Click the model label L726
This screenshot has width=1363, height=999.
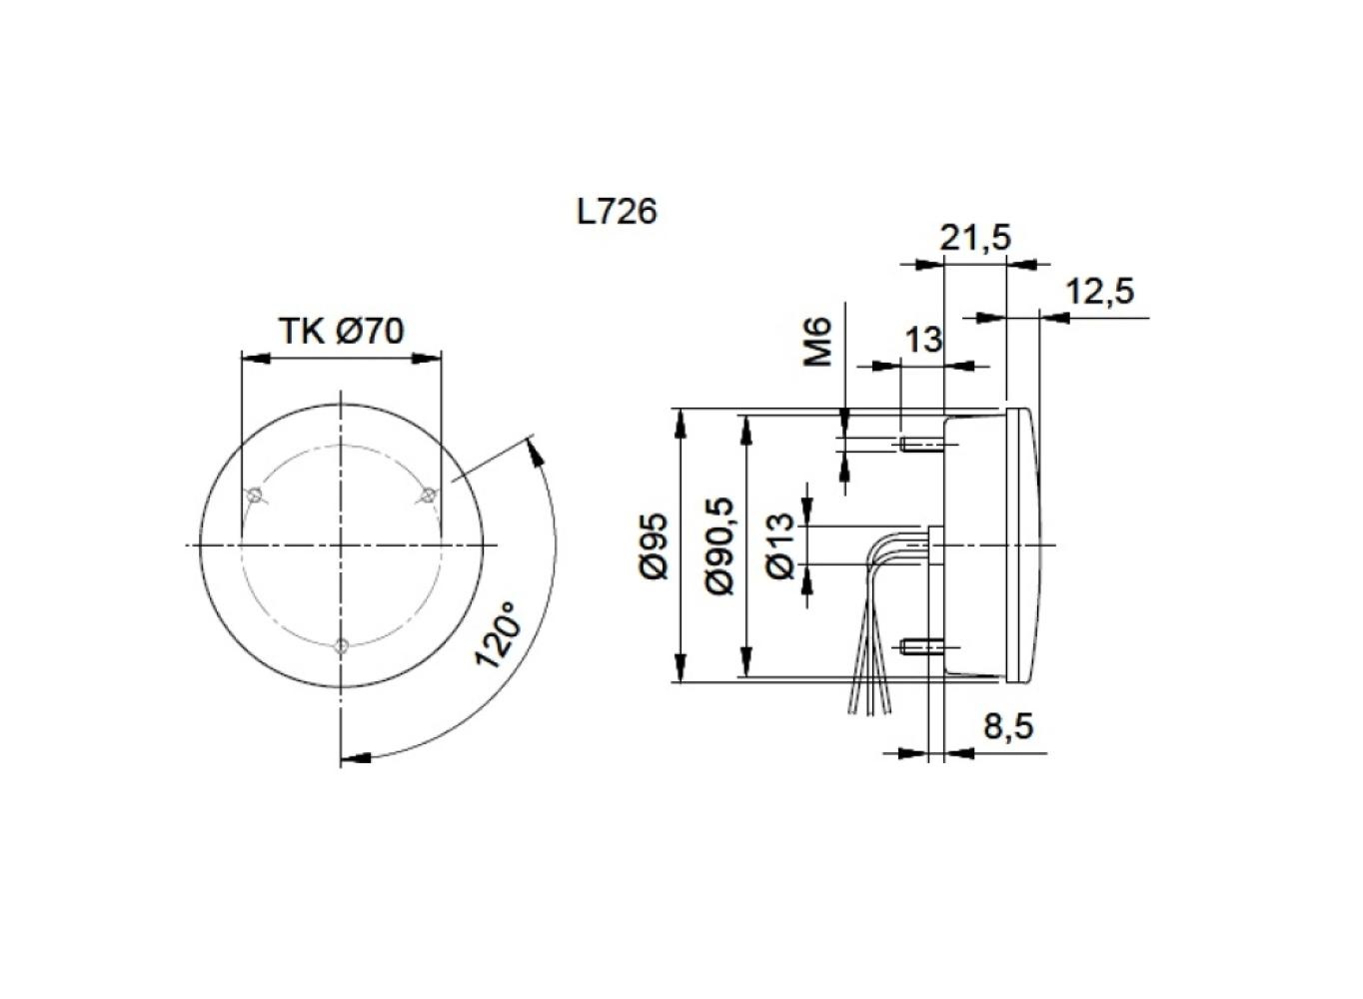(x=617, y=212)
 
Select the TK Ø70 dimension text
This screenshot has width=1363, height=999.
(x=341, y=331)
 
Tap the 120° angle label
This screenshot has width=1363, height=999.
(x=498, y=635)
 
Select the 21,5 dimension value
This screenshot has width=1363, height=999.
(x=975, y=238)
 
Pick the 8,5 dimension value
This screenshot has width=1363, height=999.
(x=1008, y=726)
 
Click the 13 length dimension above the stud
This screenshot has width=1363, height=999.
(x=923, y=340)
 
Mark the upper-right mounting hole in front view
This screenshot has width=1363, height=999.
(x=428, y=495)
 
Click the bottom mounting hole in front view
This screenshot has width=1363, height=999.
(x=342, y=645)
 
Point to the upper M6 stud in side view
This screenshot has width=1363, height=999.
(x=921, y=445)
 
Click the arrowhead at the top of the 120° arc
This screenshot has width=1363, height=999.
(x=535, y=449)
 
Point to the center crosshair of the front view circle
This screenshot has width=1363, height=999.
(x=342, y=544)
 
